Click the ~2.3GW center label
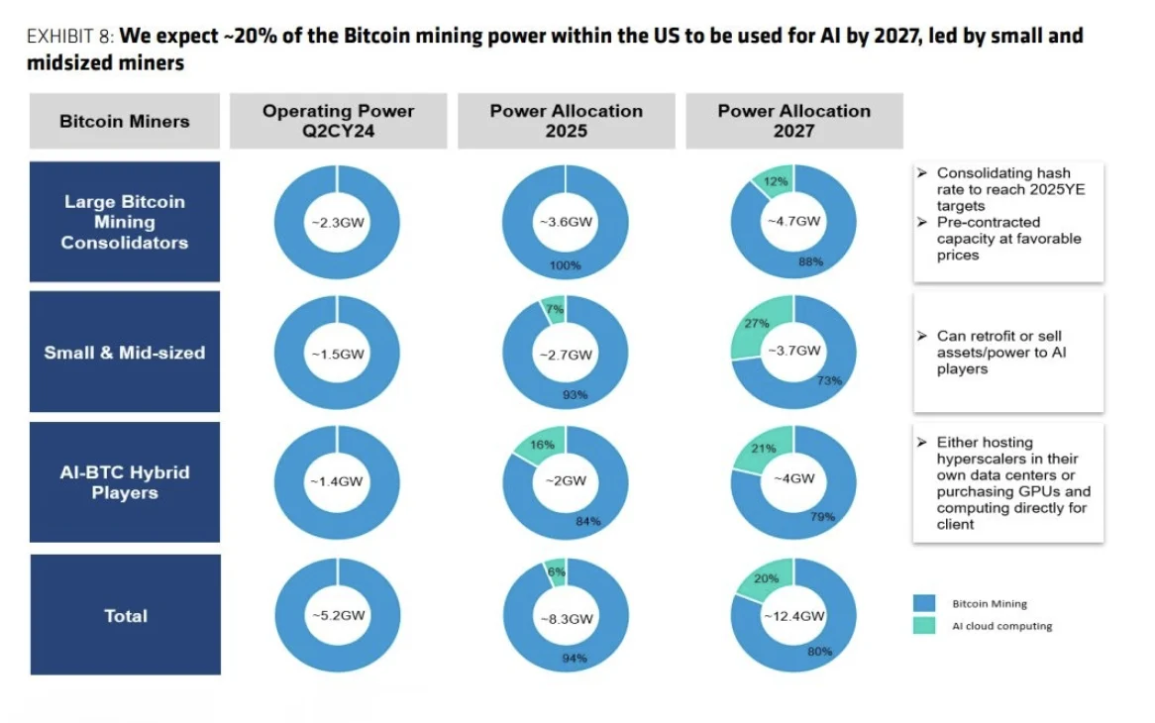coord(337,223)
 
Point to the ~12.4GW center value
coord(793,615)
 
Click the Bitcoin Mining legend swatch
coord(923,603)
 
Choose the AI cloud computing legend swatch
coord(923,626)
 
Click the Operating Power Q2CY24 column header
coord(338,121)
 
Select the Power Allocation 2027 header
coord(793,121)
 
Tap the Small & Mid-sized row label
coord(125,352)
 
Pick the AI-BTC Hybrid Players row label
coord(125,482)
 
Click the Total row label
coord(125,615)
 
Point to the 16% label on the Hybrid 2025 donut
coord(542,445)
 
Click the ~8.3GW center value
coord(566,618)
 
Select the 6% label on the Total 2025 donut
coord(556,570)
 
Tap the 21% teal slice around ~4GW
coord(764,449)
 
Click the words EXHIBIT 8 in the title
coord(70,37)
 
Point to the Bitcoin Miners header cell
coord(125,121)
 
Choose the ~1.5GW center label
coord(337,354)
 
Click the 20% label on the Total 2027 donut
coord(767,578)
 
